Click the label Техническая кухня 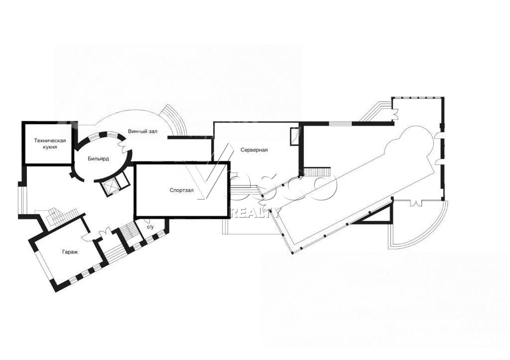pos(50,144)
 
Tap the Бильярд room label pos(98,159)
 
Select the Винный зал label pos(142,132)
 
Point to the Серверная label pos(254,150)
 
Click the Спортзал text pos(181,190)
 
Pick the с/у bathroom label pos(150,227)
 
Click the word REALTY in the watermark pos(255,213)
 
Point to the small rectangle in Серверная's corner pos(294,136)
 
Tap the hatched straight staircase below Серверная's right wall pos(317,171)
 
